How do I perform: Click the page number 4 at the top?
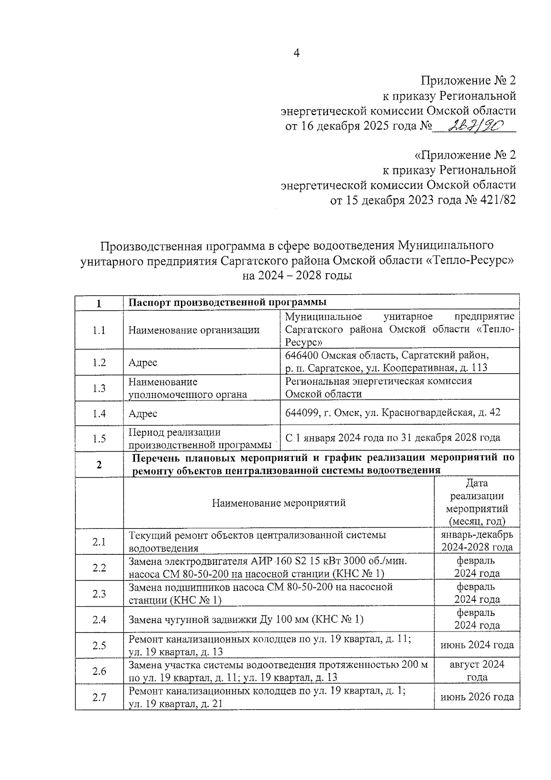(296, 53)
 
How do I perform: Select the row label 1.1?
(99, 330)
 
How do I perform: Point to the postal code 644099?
(302, 413)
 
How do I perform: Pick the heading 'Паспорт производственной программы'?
(227, 302)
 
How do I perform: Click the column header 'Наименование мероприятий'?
(279, 503)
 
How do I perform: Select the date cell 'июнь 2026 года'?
(477, 697)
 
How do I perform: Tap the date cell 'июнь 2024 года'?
(477, 645)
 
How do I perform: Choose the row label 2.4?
(99, 620)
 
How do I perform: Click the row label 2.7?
(99, 697)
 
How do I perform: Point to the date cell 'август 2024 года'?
(477, 671)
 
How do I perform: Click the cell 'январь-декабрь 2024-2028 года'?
(477, 541)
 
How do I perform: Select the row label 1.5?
(99, 438)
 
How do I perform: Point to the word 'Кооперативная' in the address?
(422, 368)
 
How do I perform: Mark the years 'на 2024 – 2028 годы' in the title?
(297, 276)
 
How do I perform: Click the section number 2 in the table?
(99, 464)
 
